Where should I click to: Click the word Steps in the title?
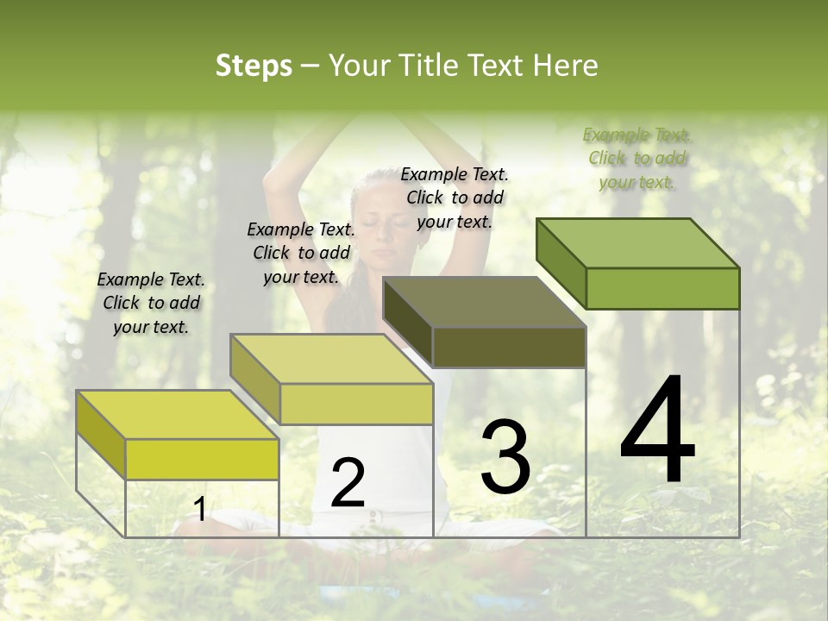point(254,66)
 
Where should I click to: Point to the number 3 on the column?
point(505,458)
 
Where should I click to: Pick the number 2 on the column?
point(348,483)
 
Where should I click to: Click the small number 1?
point(200,509)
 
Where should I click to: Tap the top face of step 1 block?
point(177,415)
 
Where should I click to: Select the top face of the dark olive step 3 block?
point(484,302)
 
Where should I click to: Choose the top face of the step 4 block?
point(637,242)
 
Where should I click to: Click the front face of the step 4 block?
point(662,288)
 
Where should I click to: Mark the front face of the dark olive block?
point(509,348)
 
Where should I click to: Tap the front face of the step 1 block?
point(202,459)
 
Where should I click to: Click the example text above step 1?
point(151,304)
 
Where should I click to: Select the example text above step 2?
point(301,254)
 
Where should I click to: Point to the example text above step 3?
point(455,198)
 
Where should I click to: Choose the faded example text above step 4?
point(637,158)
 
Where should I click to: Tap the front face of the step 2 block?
point(356,404)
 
